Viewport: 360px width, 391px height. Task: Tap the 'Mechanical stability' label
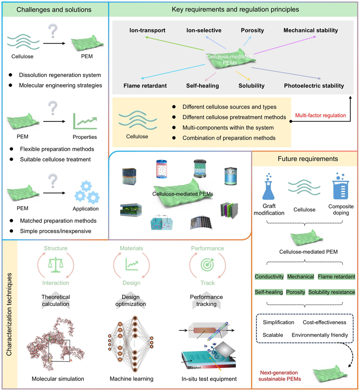pos(310,30)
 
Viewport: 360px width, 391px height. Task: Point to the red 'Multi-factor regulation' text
pos(320,116)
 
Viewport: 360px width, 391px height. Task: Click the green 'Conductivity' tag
pos(269,277)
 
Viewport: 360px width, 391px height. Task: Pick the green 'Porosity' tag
pos(296,292)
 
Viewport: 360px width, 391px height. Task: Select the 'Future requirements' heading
pos(305,160)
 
